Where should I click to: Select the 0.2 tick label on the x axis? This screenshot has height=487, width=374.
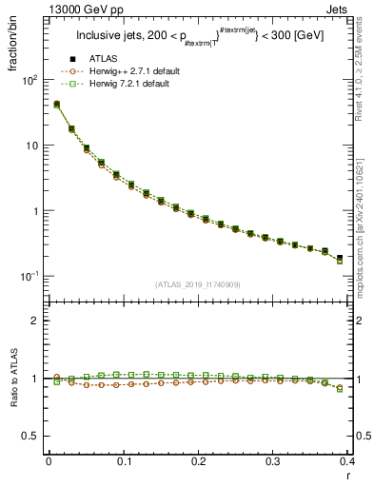coord(198,461)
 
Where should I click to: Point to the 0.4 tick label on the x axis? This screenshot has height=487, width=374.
coord(346,461)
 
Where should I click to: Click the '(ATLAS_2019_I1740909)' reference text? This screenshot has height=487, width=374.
coord(198,283)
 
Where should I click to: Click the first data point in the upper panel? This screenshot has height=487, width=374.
coord(56,105)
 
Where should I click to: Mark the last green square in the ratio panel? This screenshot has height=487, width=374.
coord(340,388)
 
